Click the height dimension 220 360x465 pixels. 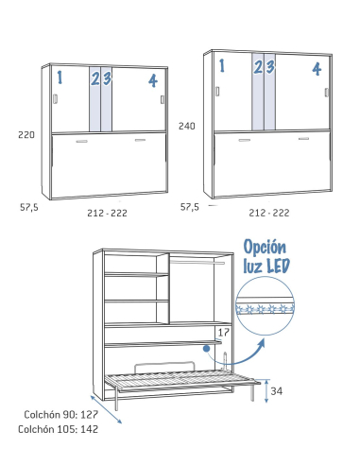(x=26, y=135)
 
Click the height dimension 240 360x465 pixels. (x=187, y=126)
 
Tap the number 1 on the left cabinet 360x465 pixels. (x=59, y=77)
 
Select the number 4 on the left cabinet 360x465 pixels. (x=152, y=80)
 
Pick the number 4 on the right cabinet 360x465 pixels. (x=316, y=68)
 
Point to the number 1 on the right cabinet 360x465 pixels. (x=222, y=65)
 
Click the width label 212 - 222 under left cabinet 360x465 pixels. (x=106, y=213)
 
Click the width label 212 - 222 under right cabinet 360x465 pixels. (x=269, y=213)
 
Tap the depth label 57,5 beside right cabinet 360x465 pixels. (x=190, y=205)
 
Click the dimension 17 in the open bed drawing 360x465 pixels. (x=223, y=332)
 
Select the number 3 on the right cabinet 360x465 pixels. (x=269, y=66)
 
